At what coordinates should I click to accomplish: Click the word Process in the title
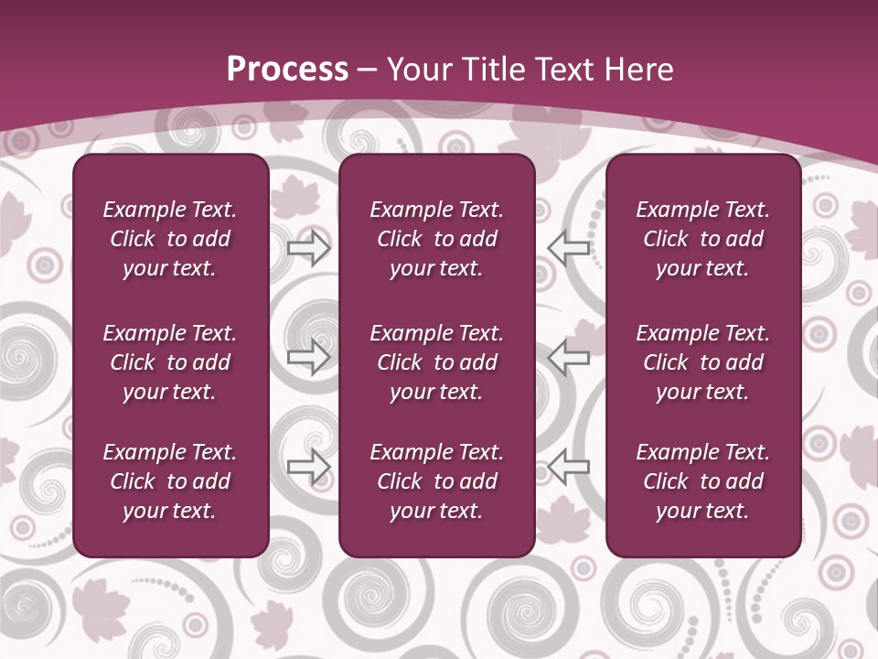click(287, 69)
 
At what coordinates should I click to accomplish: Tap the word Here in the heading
click(638, 69)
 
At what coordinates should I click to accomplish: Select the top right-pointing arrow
click(309, 247)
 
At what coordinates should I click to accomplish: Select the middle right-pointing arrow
click(309, 358)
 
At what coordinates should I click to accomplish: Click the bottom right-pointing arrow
click(309, 467)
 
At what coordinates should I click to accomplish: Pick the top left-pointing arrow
click(568, 247)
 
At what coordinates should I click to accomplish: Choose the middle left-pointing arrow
click(568, 358)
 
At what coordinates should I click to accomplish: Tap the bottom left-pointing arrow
click(568, 467)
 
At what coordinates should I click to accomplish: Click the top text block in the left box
click(170, 239)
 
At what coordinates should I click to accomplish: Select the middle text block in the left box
click(170, 362)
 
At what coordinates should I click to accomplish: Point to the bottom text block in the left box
click(170, 481)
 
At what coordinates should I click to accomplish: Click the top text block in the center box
click(437, 239)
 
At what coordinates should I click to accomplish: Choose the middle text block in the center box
click(437, 362)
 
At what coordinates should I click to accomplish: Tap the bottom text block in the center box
click(437, 481)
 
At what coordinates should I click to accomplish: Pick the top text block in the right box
click(703, 239)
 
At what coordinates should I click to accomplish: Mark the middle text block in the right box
click(703, 362)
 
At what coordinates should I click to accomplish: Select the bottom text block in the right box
click(703, 481)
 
